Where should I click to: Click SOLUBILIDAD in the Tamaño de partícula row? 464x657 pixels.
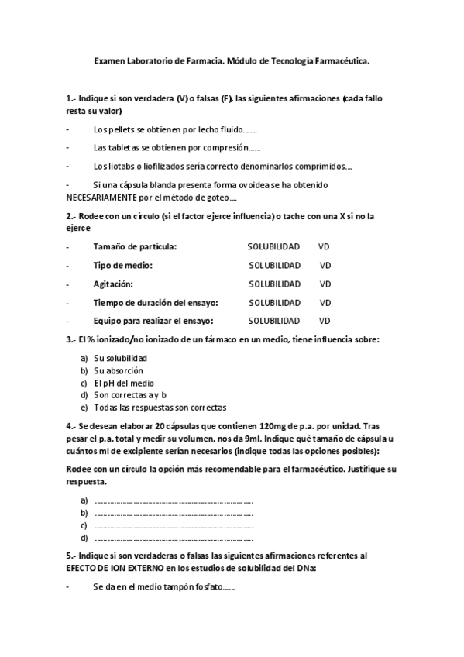pos(273,246)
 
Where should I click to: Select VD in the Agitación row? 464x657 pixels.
pos(325,284)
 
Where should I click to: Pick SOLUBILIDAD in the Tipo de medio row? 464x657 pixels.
pos(274,265)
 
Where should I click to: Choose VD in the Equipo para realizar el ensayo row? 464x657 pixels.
pos(325,321)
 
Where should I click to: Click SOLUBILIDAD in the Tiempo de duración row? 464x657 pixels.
pos(274,302)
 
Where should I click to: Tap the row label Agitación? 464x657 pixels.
pos(113,284)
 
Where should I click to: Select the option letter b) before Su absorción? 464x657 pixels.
pos(84,370)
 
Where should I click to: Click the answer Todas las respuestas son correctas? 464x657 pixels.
pos(160,407)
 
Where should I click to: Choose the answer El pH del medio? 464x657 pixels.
pos(124,383)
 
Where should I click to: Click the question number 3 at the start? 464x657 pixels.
pos(70,339)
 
